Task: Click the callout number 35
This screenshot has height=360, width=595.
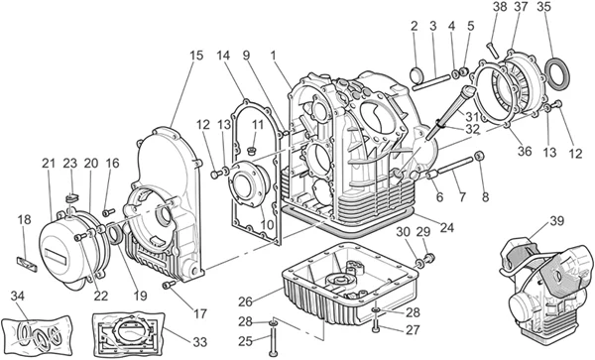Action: (x=544, y=7)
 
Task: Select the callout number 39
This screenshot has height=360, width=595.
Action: (x=556, y=221)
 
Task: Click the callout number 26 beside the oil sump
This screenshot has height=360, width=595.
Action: (x=246, y=301)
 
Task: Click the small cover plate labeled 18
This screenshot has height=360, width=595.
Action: (x=28, y=264)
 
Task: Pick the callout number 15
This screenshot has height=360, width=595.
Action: (x=196, y=56)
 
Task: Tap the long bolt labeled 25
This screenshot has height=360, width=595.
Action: (x=273, y=338)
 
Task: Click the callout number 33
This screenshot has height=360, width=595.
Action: (x=199, y=342)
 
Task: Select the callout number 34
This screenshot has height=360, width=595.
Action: (x=18, y=296)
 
